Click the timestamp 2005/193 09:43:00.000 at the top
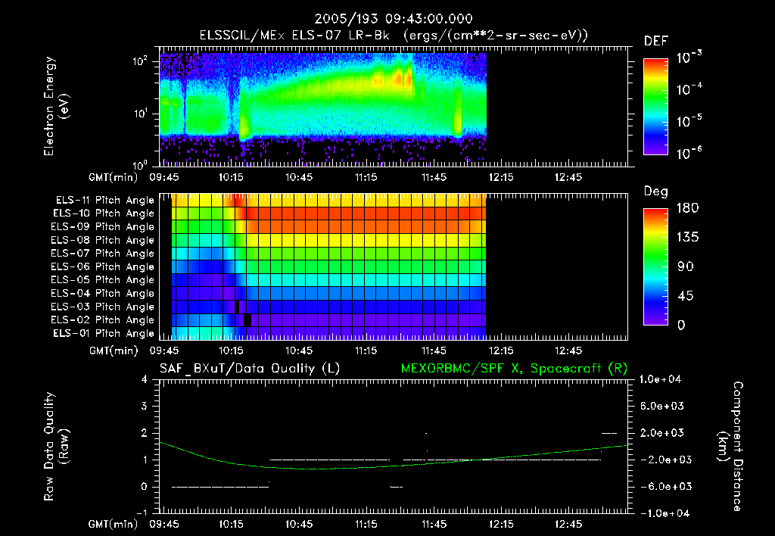tap(388, 19)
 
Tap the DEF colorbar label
tap(655, 41)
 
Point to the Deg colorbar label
tap(655, 192)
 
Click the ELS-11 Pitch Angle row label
tap(104, 201)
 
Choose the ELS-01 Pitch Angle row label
tap(104, 333)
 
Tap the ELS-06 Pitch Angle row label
tap(104, 266)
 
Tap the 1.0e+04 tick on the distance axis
tap(663, 379)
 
